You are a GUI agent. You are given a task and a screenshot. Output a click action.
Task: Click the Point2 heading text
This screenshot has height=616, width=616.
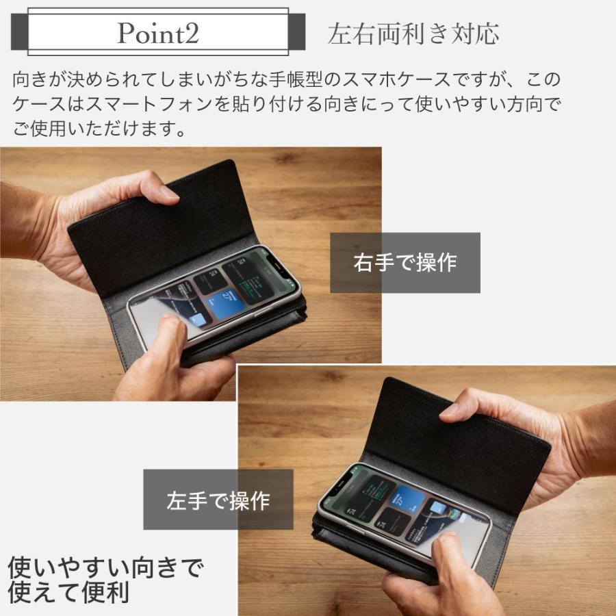158,32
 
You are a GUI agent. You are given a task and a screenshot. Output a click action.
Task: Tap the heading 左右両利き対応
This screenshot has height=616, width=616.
413,34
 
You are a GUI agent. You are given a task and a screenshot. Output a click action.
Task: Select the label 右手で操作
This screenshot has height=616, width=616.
405,263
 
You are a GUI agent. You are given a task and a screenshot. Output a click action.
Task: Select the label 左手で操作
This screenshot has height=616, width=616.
218,500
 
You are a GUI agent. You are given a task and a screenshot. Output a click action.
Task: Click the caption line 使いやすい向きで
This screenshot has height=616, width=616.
105,567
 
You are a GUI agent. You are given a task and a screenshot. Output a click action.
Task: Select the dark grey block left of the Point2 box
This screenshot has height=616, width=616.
19,32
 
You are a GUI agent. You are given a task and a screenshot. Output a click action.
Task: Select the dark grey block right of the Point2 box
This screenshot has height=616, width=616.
297,32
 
